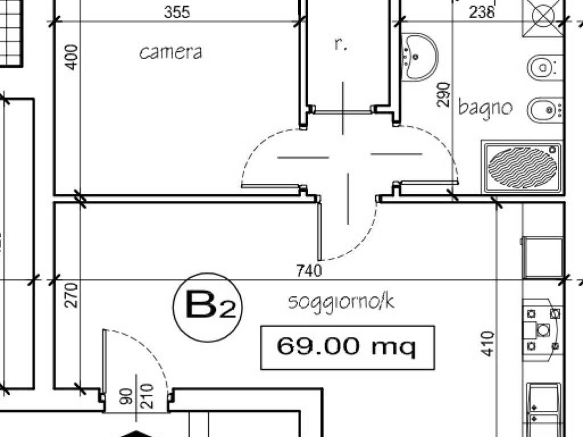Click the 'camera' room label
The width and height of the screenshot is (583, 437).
pyautogui.click(x=171, y=52)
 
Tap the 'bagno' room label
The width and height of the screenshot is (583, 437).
pyautogui.click(x=485, y=107)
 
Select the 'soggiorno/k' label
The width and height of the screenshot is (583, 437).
pyautogui.click(x=341, y=302)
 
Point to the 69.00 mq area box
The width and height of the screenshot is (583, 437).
pyautogui.click(x=348, y=348)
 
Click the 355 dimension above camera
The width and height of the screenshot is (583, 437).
pyautogui.click(x=177, y=12)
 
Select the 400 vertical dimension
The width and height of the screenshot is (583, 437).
pyautogui.click(x=72, y=57)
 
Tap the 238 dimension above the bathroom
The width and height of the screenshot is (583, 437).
pyautogui.click(x=482, y=12)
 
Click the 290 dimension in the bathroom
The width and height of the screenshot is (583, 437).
pyautogui.click(x=444, y=95)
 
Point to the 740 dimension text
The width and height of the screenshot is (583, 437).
pyautogui.click(x=309, y=270)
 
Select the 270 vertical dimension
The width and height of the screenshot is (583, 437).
pyautogui.click(x=72, y=295)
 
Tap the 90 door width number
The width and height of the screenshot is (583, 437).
pyautogui.click(x=127, y=397)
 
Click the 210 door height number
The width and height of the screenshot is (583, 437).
pyautogui.click(x=147, y=396)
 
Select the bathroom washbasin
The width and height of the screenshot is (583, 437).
pyautogui.click(x=420, y=57)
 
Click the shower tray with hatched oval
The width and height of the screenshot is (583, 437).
pyautogui.click(x=523, y=167)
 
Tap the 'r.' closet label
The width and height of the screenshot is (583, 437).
pyautogui.click(x=340, y=44)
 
